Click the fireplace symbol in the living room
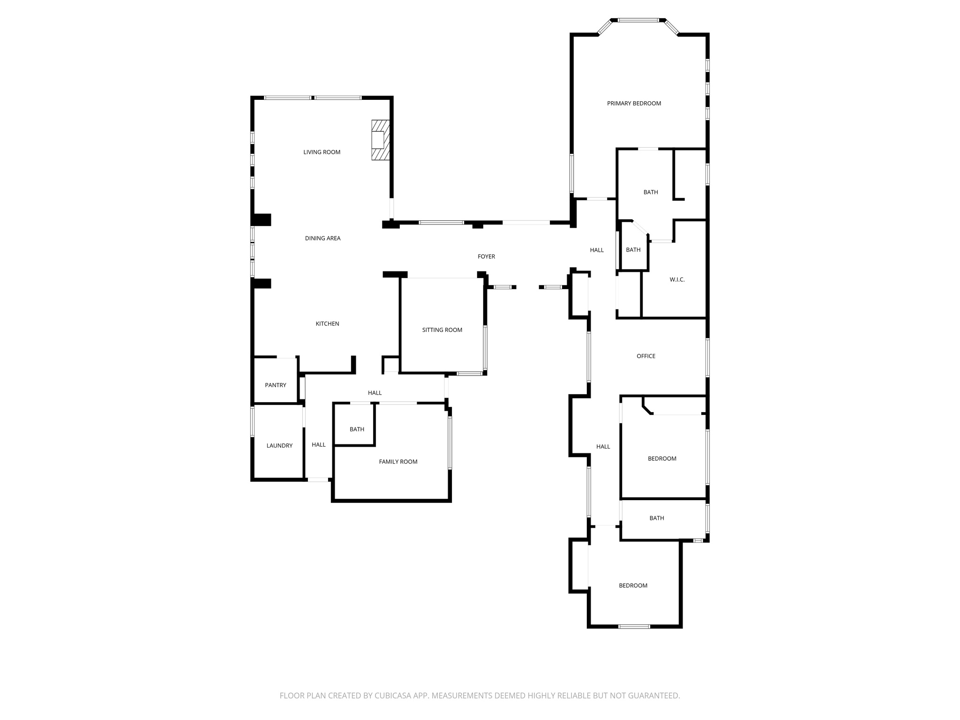(x=380, y=140)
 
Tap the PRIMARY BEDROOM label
(x=634, y=104)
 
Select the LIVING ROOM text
(x=322, y=152)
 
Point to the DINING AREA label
(x=322, y=239)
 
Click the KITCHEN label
(x=327, y=324)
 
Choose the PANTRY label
(x=275, y=385)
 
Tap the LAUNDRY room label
(x=279, y=446)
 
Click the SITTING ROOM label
(x=442, y=330)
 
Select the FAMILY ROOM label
(x=398, y=462)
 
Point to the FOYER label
(x=486, y=257)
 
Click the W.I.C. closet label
(x=677, y=280)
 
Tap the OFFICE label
(x=645, y=356)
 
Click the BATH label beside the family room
(x=357, y=429)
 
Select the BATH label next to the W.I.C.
(x=633, y=250)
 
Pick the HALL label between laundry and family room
(x=318, y=445)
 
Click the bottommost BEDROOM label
(x=633, y=585)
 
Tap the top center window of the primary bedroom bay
(x=638, y=20)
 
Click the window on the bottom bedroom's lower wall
(x=634, y=626)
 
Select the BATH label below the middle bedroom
(x=656, y=518)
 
